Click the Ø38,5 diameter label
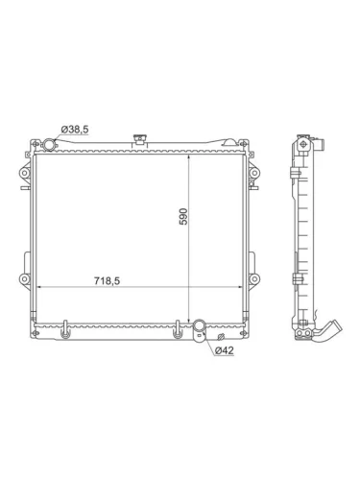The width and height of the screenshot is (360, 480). pyautogui.click(x=75, y=130)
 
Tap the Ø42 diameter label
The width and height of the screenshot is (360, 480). pyautogui.click(x=225, y=350)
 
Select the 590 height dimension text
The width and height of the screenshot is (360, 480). pyautogui.click(x=183, y=217)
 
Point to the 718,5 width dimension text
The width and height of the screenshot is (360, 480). pyautogui.click(x=107, y=280)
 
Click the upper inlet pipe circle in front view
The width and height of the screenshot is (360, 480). pyautogui.click(x=49, y=145)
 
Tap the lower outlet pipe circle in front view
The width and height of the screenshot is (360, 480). pyautogui.click(x=199, y=325)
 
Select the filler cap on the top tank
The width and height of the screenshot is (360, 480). pyautogui.click(x=139, y=140)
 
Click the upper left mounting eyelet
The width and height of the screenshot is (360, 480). pyautogui.click(x=25, y=173)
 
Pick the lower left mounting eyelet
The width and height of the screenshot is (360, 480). pyautogui.click(x=25, y=278)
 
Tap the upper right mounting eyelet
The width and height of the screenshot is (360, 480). pyautogui.click(x=253, y=173)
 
